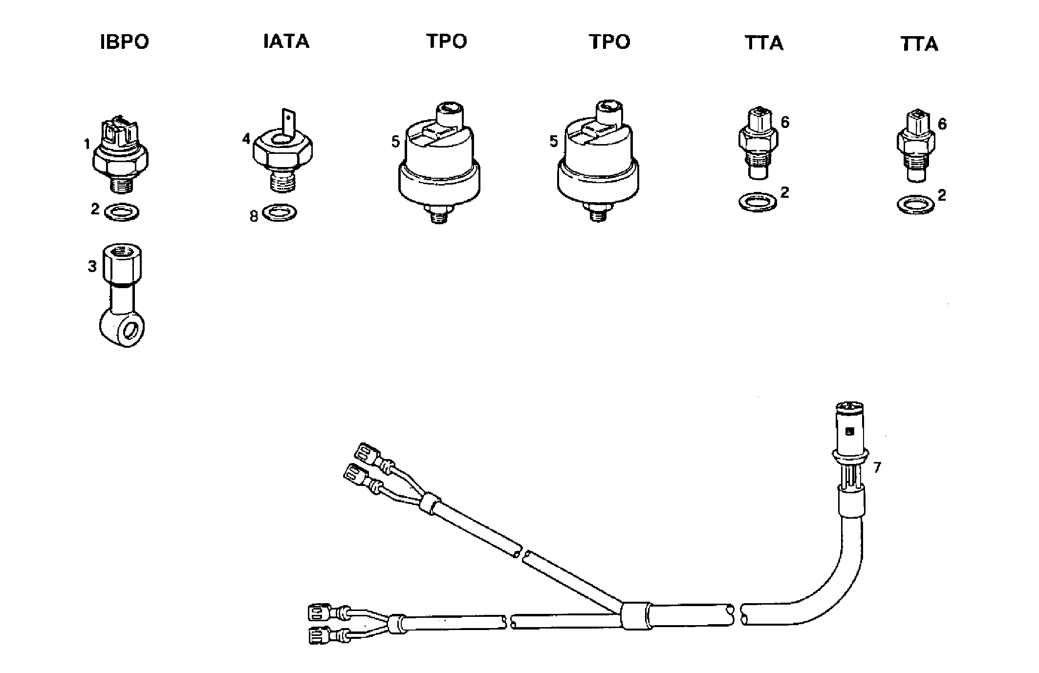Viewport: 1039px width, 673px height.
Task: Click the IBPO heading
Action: (124, 42)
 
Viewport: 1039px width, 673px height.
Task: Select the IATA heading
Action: (286, 42)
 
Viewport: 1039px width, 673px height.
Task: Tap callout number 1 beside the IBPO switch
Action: (87, 144)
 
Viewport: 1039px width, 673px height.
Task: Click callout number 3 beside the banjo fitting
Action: (92, 267)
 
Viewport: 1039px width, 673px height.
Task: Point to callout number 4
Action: (246, 139)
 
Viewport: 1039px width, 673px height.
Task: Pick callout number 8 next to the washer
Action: (254, 216)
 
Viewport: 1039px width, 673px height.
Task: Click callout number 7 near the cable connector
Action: (877, 467)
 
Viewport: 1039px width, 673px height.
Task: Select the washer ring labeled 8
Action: (279, 212)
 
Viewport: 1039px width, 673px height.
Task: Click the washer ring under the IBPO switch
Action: (122, 212)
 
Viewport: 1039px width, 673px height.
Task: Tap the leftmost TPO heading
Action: (446, 42)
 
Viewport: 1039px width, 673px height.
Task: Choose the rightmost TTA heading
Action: (919, 44)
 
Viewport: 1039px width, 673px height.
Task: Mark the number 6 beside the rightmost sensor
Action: (942, 124)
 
